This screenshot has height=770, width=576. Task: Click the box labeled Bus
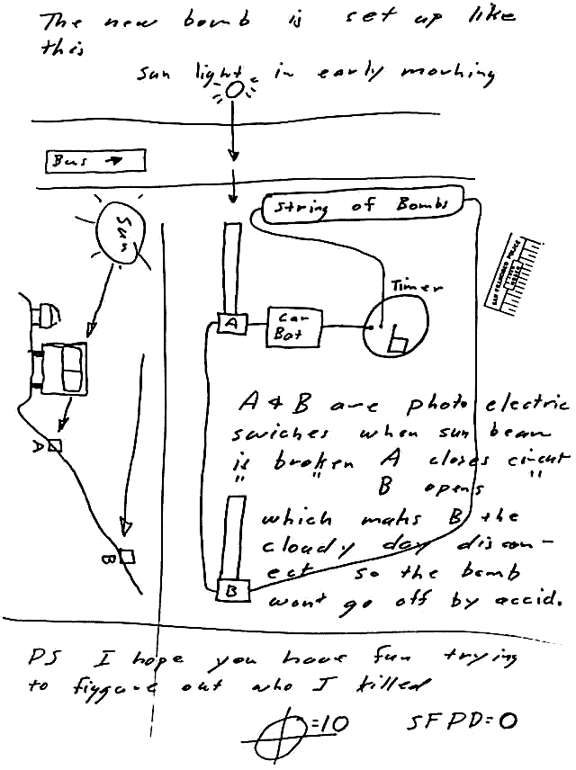tap(94, 162)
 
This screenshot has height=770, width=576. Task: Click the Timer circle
tap(397, 328)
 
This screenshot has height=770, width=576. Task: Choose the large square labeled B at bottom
tap(231, 590)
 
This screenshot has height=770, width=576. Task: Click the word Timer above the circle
tap(417, 287)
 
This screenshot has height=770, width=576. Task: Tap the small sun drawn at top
tap(233, 90)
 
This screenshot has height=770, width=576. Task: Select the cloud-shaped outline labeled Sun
tap(122, 233)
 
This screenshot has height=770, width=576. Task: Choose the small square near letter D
tap(57, 445)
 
